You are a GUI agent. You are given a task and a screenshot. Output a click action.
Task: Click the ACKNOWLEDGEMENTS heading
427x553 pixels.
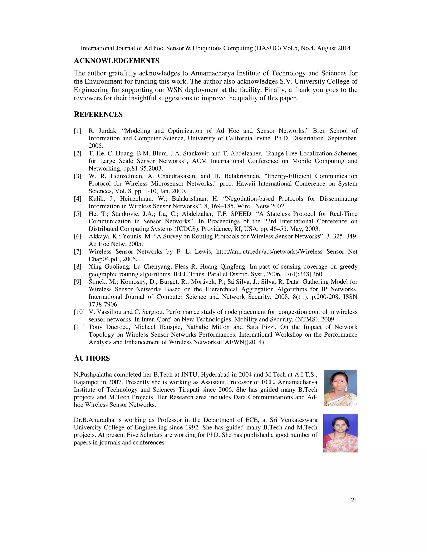pos(116,61)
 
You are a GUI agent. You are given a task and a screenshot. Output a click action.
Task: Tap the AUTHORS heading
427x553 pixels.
pos(92,358)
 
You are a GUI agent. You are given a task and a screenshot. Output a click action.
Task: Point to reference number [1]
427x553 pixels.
pos(77,131)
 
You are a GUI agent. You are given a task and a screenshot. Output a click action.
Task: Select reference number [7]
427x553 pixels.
pos(77,252)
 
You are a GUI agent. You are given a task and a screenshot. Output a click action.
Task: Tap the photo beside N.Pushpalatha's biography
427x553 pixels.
pos(340,388)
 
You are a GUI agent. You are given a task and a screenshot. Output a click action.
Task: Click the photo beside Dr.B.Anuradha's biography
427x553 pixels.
pos(340,433)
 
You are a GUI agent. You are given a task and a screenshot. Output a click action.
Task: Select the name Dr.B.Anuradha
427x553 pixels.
pos(94,420)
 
